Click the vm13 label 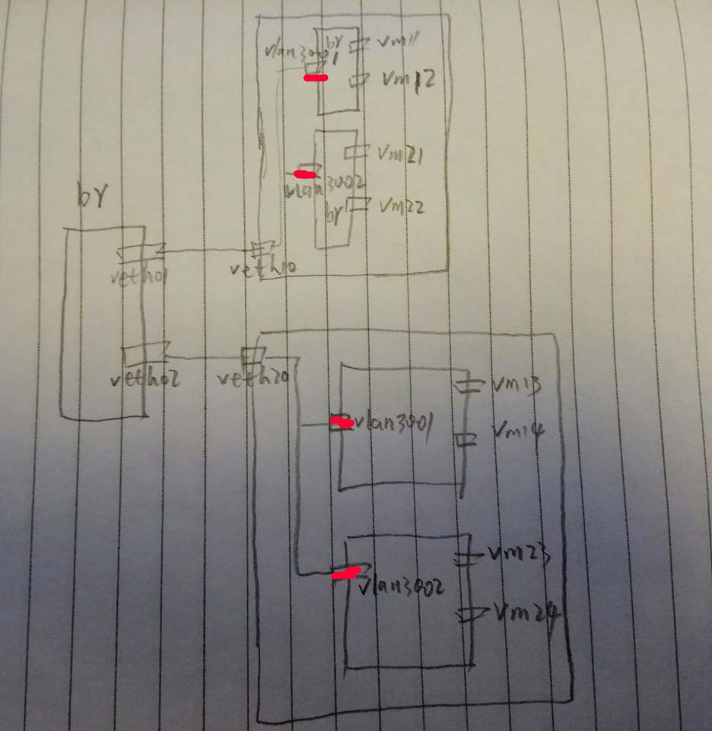517,385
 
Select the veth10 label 264,267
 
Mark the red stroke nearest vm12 315,78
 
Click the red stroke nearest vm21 304,174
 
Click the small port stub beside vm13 469,385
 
